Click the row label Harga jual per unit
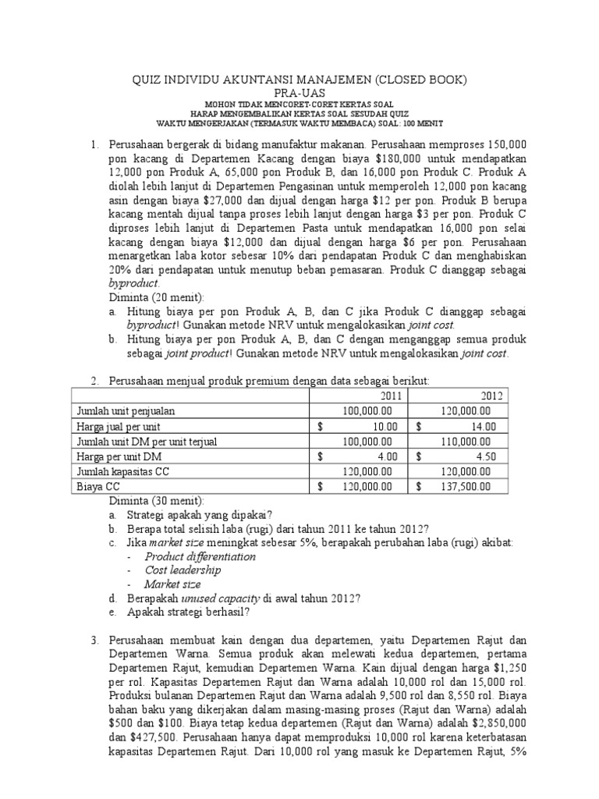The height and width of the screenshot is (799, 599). click(119, 426)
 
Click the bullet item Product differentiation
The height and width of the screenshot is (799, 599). click(200, 556)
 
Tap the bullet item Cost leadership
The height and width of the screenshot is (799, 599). click(183, 570)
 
